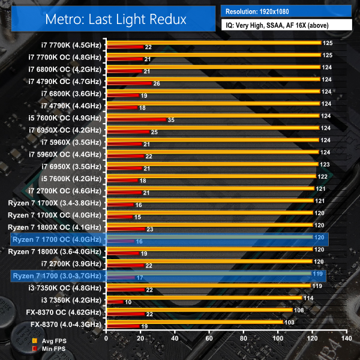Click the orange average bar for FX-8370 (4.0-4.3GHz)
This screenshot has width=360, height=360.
pyautogui.click(x=194, y=322)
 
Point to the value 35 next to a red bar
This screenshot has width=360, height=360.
pyautogui.click(x=172, y=120)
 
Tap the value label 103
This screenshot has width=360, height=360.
pyautogui.click(x=289, y=322)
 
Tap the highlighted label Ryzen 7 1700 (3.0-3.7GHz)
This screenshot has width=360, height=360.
pyautogui.click(x=58, y=276)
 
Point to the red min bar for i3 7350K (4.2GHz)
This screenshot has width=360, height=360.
pyautogui.click(x=115, y=302)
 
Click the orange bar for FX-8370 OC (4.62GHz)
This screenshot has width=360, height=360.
pyautogui.click(x=199, y=310)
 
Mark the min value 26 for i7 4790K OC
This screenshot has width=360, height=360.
pyautogui.click(x=157, y=83)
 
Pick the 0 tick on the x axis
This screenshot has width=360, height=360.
pyautogui.click(x=106, y=338)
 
